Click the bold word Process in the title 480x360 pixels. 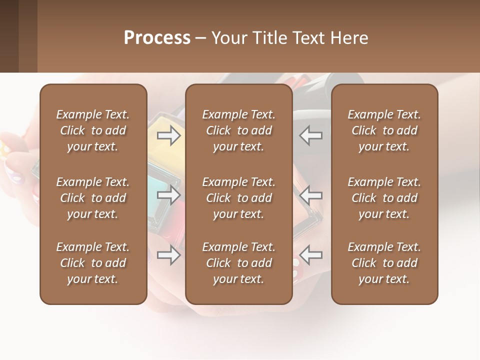(x=157, y=37)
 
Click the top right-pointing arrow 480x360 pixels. (x=168, y=135)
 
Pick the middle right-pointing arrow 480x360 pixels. (x=168, y=195)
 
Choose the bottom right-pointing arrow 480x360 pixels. (x=168, y=255)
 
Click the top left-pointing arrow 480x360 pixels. (x=311, y=135)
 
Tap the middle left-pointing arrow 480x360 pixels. (x=311, y=195)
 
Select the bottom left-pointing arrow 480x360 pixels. (x=311, y=255)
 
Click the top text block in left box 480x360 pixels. (x=93, y=130)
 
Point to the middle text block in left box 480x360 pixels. (x=93, y=198)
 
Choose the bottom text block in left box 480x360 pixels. (x=93, y=263)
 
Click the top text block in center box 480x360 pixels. (x=238, y=130)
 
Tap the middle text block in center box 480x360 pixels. (x=238, y=198)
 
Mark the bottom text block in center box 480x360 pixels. (x=238, y=263)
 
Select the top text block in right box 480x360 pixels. (x=384, y=130)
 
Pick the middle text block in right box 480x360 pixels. (x=384, y=198)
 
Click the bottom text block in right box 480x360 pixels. (x=384, y=263)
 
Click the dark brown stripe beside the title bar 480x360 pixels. (x=9, y=36)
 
